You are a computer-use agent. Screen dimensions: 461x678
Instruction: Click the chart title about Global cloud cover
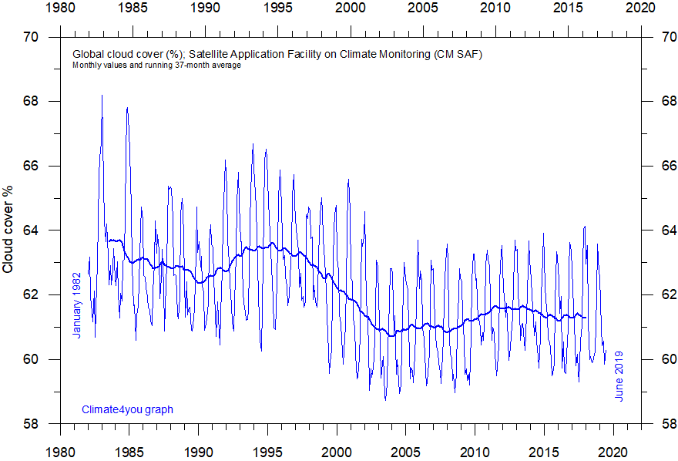[x=277, y=55]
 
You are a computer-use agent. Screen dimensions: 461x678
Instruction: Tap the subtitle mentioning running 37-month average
[x=157, y=66]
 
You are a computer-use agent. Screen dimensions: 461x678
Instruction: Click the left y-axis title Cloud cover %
[x=8, y=230]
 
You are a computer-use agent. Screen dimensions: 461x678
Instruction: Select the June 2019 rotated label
[x=619, y=376]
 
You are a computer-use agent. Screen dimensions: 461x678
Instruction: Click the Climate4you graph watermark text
[x=127, y=409]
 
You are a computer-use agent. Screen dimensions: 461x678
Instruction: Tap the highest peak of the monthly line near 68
[x=102, y=96]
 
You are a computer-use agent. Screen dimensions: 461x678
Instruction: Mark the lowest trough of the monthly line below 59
[x=385, y=399]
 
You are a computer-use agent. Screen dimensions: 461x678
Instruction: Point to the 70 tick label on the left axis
[x=32, y=37]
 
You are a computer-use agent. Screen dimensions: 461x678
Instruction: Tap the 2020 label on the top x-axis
[x=639, y=8]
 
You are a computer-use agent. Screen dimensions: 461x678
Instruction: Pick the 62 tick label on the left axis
[x=32, y=295]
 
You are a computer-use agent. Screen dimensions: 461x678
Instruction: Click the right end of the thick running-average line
[x=586, y=317]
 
